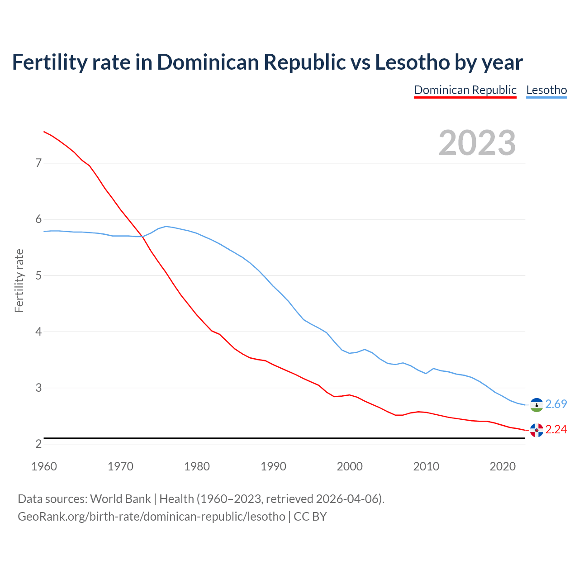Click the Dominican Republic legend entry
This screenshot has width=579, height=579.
[x=465, y=90]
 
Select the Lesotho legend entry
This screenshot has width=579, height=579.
[x=546, y=90]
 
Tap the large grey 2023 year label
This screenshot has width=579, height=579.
[x=477, y=143]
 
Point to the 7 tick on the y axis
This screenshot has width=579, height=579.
[x=38, y=163]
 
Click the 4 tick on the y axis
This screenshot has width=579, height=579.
[x=38, y=332]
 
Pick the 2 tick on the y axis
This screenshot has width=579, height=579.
[x=38, y=444]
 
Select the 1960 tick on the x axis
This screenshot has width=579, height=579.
[x=44, y=466]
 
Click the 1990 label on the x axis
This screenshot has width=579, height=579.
[x=273, y=466]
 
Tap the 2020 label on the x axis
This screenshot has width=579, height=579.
[x=503, y=466]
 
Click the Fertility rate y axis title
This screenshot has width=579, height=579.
[x=19, y=280]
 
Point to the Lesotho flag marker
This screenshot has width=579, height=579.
[x=536, y=405]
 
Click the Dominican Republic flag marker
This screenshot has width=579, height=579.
[x=536, y=430]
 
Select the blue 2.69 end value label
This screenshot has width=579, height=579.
[x=556, y=404]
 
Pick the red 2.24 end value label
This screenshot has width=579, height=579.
[x=556, y=429]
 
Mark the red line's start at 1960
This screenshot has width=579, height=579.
[x=44, y=132]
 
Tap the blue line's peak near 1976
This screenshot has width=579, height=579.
[x=166, y=226]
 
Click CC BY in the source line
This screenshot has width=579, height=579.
[x=310, y=517]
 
